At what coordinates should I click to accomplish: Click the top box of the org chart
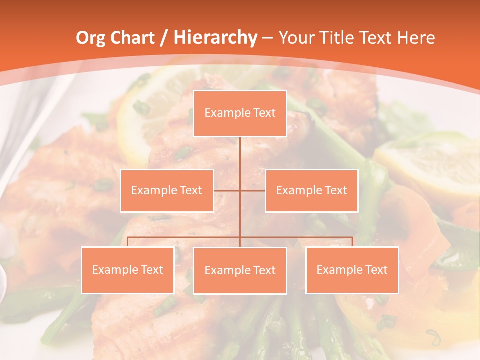pos(240,113)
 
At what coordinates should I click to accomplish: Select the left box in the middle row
pos(167,190)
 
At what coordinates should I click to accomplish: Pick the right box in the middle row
pos(311,190)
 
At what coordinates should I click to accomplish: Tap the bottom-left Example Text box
pos(127,270)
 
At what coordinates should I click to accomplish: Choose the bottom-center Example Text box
pos(240,270)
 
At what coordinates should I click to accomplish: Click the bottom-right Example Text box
pos(352,270)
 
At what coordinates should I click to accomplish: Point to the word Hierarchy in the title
pos(215,38)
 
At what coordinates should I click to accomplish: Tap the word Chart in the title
pos(132,38)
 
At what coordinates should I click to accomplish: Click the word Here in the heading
pos(416,38)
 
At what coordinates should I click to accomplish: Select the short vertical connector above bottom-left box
pos(127,242)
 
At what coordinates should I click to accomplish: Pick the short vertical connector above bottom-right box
pos(352,242)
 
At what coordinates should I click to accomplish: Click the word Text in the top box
pos(264,113)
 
